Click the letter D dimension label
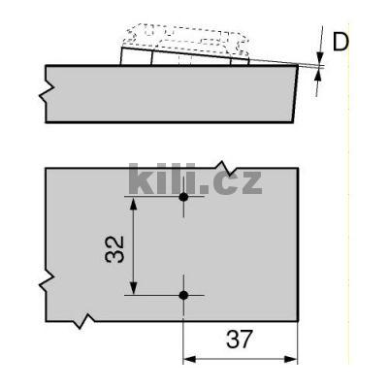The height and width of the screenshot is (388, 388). click(x=340, y=43)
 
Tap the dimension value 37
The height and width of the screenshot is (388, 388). click(x=241, y=341)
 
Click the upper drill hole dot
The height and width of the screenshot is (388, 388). click(x=183, y=197)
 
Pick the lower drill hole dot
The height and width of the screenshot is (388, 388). click(x=183, y=294)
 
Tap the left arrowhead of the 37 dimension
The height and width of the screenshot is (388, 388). click(x=189, y=359)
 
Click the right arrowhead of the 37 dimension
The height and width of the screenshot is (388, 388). click(x=293, y=359)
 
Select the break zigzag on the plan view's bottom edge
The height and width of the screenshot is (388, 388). click(x=88, y=319)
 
